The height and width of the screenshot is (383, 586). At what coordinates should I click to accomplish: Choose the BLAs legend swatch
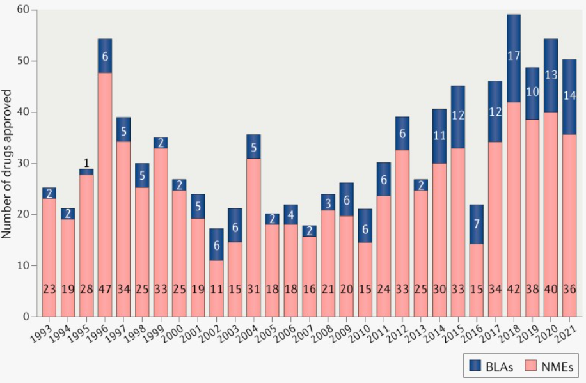(475, 366)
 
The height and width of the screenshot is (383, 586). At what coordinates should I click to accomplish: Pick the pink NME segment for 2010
(364, 275)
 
